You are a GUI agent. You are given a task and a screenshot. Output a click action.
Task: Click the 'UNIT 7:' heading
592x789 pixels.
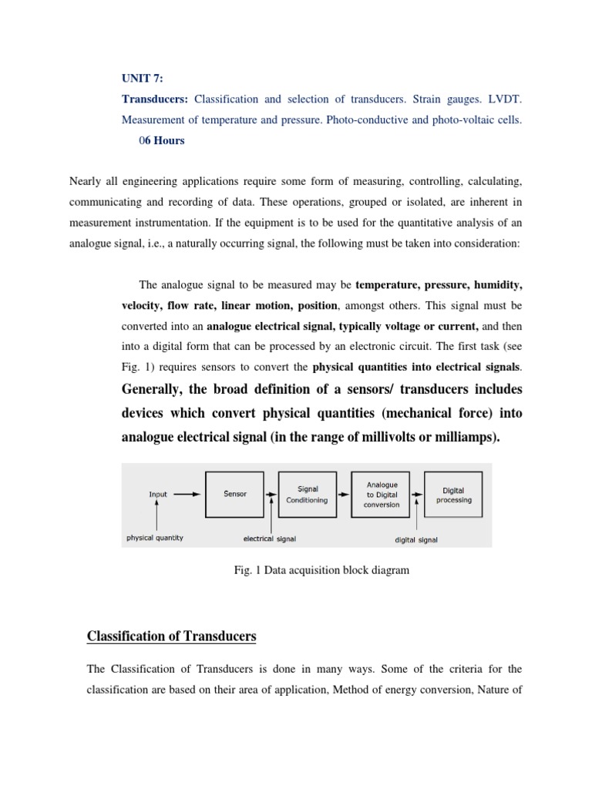tap(142, 78)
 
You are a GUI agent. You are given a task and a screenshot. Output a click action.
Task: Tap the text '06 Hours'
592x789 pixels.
tap(160, 141)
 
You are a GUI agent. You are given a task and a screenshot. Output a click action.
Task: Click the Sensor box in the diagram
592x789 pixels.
tap(235, 494)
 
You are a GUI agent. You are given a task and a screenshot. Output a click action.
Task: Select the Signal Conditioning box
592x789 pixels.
tap(307, 494)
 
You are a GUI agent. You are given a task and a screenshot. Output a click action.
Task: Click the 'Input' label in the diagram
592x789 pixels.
tap(157, 495)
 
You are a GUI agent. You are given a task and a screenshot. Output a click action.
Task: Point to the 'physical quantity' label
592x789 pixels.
tap(155, 538)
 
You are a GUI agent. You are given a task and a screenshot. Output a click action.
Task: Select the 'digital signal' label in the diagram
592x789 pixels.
tap(416, 539)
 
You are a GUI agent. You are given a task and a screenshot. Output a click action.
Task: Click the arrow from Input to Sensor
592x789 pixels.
tap(187, 495)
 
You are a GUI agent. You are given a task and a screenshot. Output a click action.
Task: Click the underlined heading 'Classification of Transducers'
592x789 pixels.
tap(170, 636)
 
